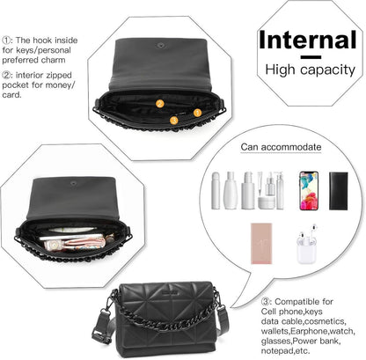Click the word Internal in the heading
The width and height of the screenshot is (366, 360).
coord(307,40)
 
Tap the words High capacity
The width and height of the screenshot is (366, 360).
coord(310,70)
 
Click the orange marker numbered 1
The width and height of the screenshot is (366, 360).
coord(197,113)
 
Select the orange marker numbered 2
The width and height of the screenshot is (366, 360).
coord(160,104)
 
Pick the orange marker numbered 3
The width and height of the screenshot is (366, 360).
coord(174,120)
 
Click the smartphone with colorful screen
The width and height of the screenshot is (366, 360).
coord(309,191)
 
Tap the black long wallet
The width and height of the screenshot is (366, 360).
coord(339,191)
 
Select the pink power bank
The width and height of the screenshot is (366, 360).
coord(261,244)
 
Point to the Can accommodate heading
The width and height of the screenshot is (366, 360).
coord(281,147)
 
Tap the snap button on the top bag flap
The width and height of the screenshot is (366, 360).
coord(161,45)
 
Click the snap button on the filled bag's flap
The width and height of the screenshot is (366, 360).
coord(73,183)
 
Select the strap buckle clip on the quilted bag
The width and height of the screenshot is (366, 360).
coord(101,334)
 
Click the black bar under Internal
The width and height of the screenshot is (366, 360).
coord(311,57)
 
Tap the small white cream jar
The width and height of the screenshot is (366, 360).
coord(267,202)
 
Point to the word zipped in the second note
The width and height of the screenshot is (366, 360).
coord(58,76)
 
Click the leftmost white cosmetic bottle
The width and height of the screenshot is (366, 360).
coord(216,191)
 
